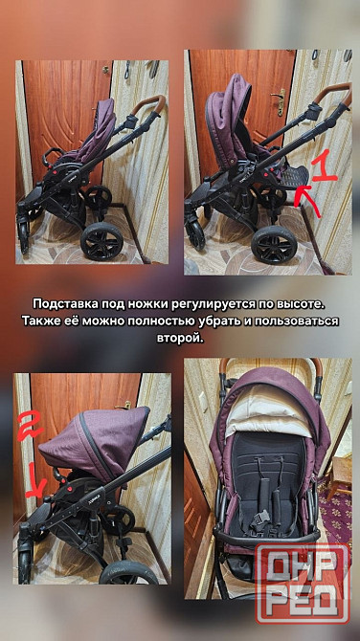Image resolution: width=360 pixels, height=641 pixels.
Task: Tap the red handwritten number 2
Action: click(x=30, y=426)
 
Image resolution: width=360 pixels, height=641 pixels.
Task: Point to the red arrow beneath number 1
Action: click(x=308, y=202)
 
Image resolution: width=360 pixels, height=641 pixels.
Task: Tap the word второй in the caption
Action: click(x=180, y=339)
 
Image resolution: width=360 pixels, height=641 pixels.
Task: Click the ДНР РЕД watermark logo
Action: click(x=304, y=584)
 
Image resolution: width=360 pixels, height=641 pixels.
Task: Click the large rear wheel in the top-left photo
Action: click(x=101, y=241)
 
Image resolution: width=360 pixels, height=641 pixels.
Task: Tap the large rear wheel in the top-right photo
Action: click(x=274, y=245)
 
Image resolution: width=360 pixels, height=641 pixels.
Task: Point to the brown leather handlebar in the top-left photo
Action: click(x=148, y=104)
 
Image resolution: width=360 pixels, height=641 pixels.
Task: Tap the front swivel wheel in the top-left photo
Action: click(x=24, y=237)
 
